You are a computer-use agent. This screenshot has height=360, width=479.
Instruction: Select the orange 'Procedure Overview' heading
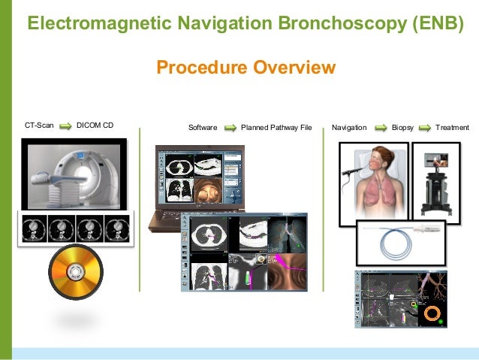click(246, 68)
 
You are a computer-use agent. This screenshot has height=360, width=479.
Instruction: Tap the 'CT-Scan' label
click(39, 127)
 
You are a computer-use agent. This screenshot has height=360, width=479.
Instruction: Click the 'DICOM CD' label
click(95, 127)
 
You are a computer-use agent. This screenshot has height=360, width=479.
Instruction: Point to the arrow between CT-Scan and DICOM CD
click(65, 127)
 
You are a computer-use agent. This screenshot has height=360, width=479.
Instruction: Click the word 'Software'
click(203, 128)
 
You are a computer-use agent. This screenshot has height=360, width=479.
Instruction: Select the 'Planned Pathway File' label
click(276, 128)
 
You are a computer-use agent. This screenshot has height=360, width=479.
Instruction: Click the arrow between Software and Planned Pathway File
click(230, 128)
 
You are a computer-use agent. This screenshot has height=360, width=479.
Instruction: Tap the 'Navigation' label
click(349, 128)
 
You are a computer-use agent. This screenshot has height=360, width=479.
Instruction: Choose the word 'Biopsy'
click(403, 128)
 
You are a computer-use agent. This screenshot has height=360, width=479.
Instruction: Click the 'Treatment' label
click(452, 128)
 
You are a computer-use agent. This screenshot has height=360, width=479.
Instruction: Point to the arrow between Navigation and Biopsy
click(379, 128)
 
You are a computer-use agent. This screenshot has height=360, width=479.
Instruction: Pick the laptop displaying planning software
click(198, 184)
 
